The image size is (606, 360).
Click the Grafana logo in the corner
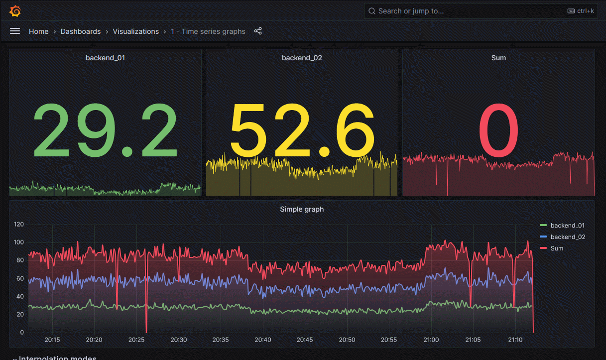coord(15,11)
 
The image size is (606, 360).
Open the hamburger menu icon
coord(15,31)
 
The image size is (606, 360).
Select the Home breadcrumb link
coord(38,31)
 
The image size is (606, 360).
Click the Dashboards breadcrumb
coord(81,31)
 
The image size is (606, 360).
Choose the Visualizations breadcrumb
coord(135,31)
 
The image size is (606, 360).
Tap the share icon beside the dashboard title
coord(258,31)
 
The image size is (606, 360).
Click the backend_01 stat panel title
coord(105,58)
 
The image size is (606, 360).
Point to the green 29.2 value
coord(105,130)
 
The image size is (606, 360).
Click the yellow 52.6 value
coord(302,130)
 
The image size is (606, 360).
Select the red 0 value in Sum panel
coord(498,130)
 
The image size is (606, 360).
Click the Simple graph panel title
coord(302,209)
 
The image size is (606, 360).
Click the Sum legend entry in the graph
coord(557,248)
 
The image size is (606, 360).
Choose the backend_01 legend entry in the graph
coord(567,226)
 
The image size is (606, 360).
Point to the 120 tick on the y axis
coord(19,225)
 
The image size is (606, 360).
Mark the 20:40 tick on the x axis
coord(263,340)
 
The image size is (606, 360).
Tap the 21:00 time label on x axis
coord(431,340)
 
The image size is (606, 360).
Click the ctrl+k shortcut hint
coord(581,11)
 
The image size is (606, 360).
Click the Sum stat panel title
coord(498,58)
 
